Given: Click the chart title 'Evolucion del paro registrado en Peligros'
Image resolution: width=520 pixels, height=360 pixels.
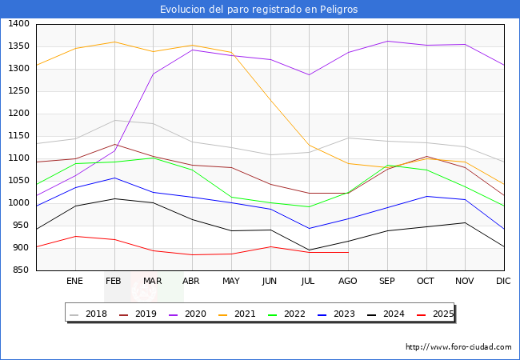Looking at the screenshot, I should tap(259, 9).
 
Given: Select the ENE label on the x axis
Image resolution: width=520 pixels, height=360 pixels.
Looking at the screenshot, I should tap(75, 282).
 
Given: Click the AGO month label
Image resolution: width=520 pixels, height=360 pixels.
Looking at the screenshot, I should tap(348, 282).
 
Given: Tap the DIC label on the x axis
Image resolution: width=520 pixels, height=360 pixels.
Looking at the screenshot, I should tap(503, 282).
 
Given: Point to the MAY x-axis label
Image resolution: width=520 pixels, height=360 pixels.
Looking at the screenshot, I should tap(231, 282).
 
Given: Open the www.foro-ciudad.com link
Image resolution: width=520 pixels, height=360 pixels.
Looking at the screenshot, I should tap(458, 347).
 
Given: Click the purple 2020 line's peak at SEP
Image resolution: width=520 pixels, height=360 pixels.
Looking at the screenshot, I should tap(387, 41).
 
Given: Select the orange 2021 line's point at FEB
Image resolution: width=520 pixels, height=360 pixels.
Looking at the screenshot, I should tap(114, 42).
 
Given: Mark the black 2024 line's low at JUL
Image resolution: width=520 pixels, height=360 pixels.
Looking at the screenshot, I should tap(310, 250).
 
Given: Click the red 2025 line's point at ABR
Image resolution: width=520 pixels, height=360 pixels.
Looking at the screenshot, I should tap(192, 255).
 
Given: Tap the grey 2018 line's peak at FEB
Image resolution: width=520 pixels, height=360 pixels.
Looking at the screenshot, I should tap(114, 121).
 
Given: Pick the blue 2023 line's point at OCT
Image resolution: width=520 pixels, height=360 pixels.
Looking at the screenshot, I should tap(426, 196).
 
